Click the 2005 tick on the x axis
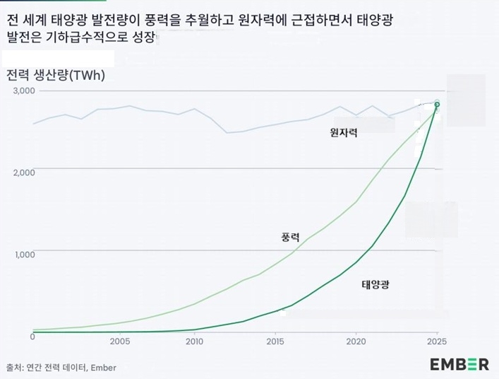(x=120, y=341)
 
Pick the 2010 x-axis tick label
(x=194, y=341)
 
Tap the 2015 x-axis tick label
(x=275, y=341)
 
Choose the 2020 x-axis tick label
(x=356, y=341)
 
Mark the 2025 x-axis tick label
(x=436, y=341)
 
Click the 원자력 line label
(x=344, y=132)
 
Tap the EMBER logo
(x=459, y=364)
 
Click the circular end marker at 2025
(x=437, y=105)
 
